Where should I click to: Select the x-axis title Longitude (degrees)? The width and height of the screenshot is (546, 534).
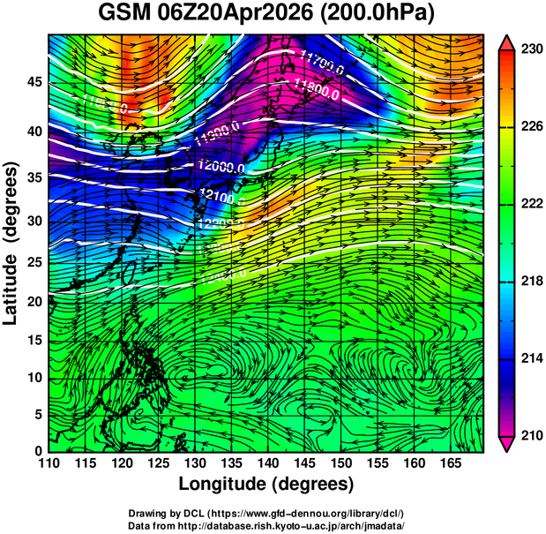pyautogui.click(x=266, y=484)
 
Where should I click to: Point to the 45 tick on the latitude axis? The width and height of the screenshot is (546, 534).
pyautogui.click(x=34, y=82)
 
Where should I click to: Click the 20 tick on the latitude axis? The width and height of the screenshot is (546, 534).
pyautogui.click(x=34, y=303)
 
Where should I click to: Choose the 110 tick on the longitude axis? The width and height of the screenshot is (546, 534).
pyautogui.click(x=49, y=463)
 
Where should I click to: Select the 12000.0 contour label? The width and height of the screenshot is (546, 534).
pyautogui.click(x=221, y=166)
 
